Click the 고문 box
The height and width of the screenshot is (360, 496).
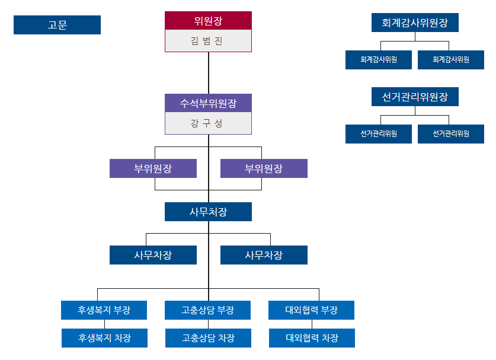tap(57, 25)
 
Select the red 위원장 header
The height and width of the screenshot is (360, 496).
tap(208, 21)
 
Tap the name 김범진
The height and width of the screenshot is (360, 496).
tap(208, 42)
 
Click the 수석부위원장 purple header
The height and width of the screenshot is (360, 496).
tap(208, 103)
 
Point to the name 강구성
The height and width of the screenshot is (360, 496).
tap(208, 123)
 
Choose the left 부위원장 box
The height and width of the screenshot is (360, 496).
tap(153, 168)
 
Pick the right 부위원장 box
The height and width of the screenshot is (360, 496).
tap(264, 168)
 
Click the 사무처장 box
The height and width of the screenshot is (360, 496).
tap(208, 212)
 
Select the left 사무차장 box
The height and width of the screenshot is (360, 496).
tap(153, 255)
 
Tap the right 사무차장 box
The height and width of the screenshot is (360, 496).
tap(264, 255)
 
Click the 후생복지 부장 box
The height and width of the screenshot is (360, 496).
tap(104, 310)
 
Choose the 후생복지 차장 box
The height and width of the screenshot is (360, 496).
tap(104, 338)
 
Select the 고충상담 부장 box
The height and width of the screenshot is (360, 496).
tap(208, 310)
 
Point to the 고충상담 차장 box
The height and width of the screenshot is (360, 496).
tap(208, 338)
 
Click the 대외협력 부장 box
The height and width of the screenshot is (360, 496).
tap(312, 310)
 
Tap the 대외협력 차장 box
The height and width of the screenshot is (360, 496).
tap(312, 338)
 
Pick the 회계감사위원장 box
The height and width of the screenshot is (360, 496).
tap(415, 23)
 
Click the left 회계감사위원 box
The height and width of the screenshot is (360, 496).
tap(379, 60)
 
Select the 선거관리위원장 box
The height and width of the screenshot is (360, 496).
tap(415, 97)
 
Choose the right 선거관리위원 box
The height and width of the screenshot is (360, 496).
tap(451, 133)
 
